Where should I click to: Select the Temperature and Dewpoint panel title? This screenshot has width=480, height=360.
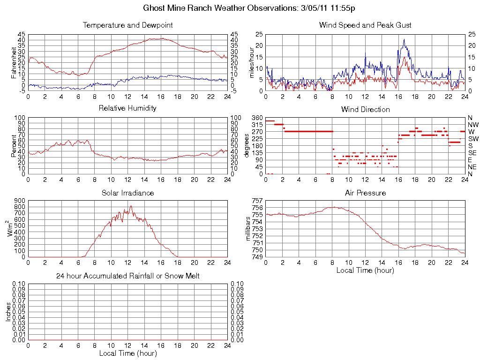point(127,25)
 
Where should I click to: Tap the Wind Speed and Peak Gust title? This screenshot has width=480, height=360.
point(365,25)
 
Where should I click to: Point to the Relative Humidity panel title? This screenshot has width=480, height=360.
point(127,108)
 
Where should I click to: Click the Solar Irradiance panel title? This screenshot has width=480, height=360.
point(127,193)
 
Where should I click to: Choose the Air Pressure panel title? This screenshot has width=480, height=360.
point(365,193)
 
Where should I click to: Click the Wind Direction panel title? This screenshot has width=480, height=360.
point(365,110)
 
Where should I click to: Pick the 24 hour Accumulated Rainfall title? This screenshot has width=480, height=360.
point(127,276)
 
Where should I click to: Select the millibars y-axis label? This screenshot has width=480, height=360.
point(248,228)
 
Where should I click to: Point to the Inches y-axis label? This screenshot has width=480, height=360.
point(8,312)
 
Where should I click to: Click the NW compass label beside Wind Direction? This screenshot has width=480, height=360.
point(473,125)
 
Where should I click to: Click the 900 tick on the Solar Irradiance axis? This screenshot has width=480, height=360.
point(19,201)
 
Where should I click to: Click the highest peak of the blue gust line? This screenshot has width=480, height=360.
point(404,39)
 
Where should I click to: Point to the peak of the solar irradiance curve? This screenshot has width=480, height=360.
point(131,206)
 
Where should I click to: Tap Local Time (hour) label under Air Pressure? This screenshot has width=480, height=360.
point(365,270)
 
